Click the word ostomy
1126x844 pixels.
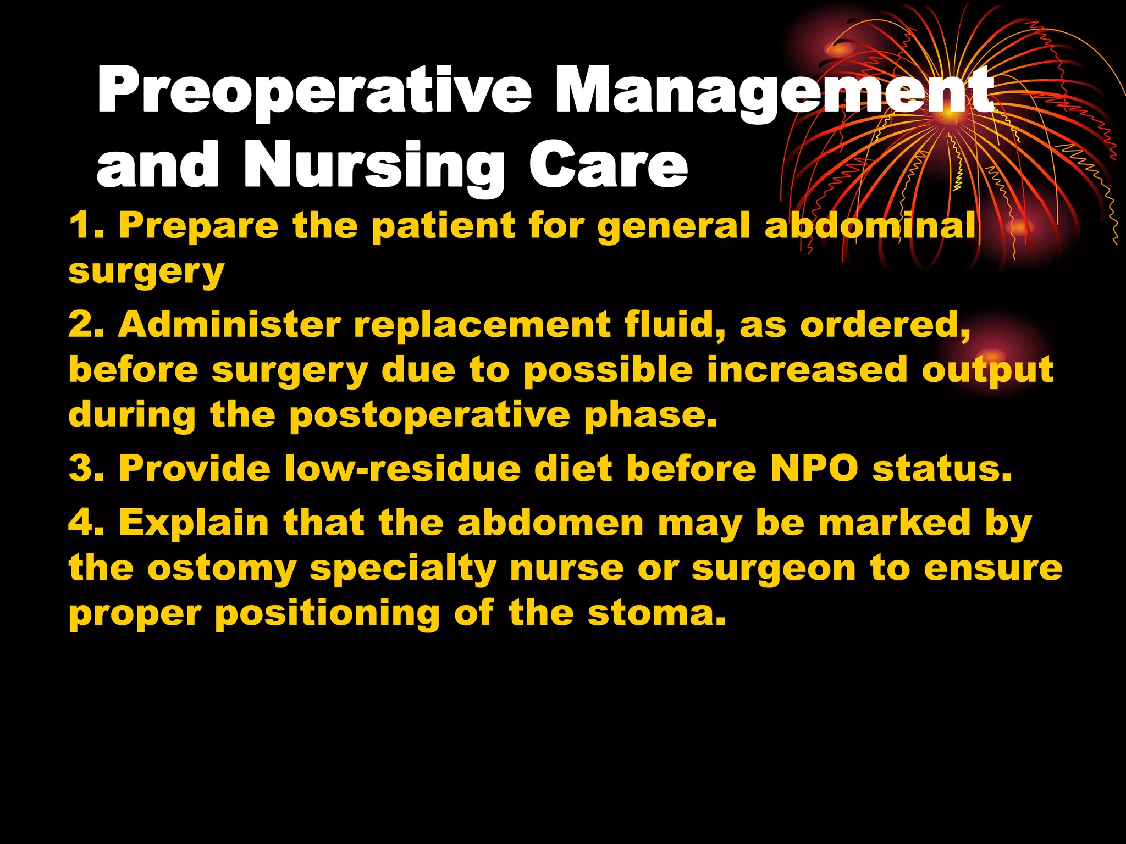222,569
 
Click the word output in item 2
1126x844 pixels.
987,371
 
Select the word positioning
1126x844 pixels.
327,614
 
